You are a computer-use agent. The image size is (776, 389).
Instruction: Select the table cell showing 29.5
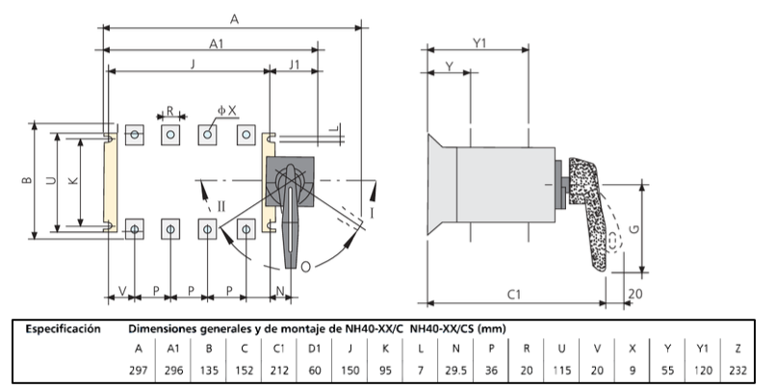click(x=456, y=370)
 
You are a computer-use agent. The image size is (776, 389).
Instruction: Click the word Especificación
click(x=64, y=328)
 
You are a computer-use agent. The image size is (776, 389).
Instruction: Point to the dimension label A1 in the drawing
click(x=218, y=43)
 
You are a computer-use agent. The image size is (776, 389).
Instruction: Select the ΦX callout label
click(x=225, y=110)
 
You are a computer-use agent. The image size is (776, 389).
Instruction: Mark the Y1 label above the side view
click(x=479, y=43)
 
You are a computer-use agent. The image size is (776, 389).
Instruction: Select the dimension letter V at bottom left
click(x=122, y=290)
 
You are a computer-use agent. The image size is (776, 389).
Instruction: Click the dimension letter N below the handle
click(x=279, y=290)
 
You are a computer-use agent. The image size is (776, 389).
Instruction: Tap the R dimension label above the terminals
click(x=169, y=110)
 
